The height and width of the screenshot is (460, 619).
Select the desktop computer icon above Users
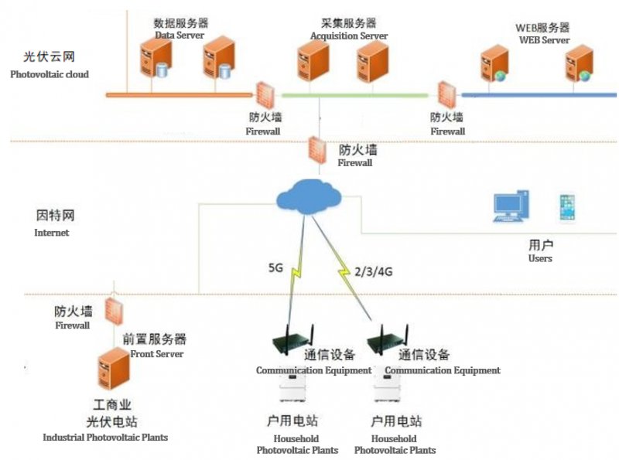[x=511, y=207]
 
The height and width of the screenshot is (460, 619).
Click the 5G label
[x=275, y=268]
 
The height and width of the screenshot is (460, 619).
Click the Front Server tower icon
[x=112, y=370]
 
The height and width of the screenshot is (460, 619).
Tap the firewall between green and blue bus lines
[x=446, y=97]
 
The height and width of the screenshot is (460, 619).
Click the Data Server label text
[x=180, y=36]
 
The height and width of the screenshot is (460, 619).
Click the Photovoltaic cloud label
[x=50, y=75]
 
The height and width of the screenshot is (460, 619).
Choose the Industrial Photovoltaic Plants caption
[x=105, y=438]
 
